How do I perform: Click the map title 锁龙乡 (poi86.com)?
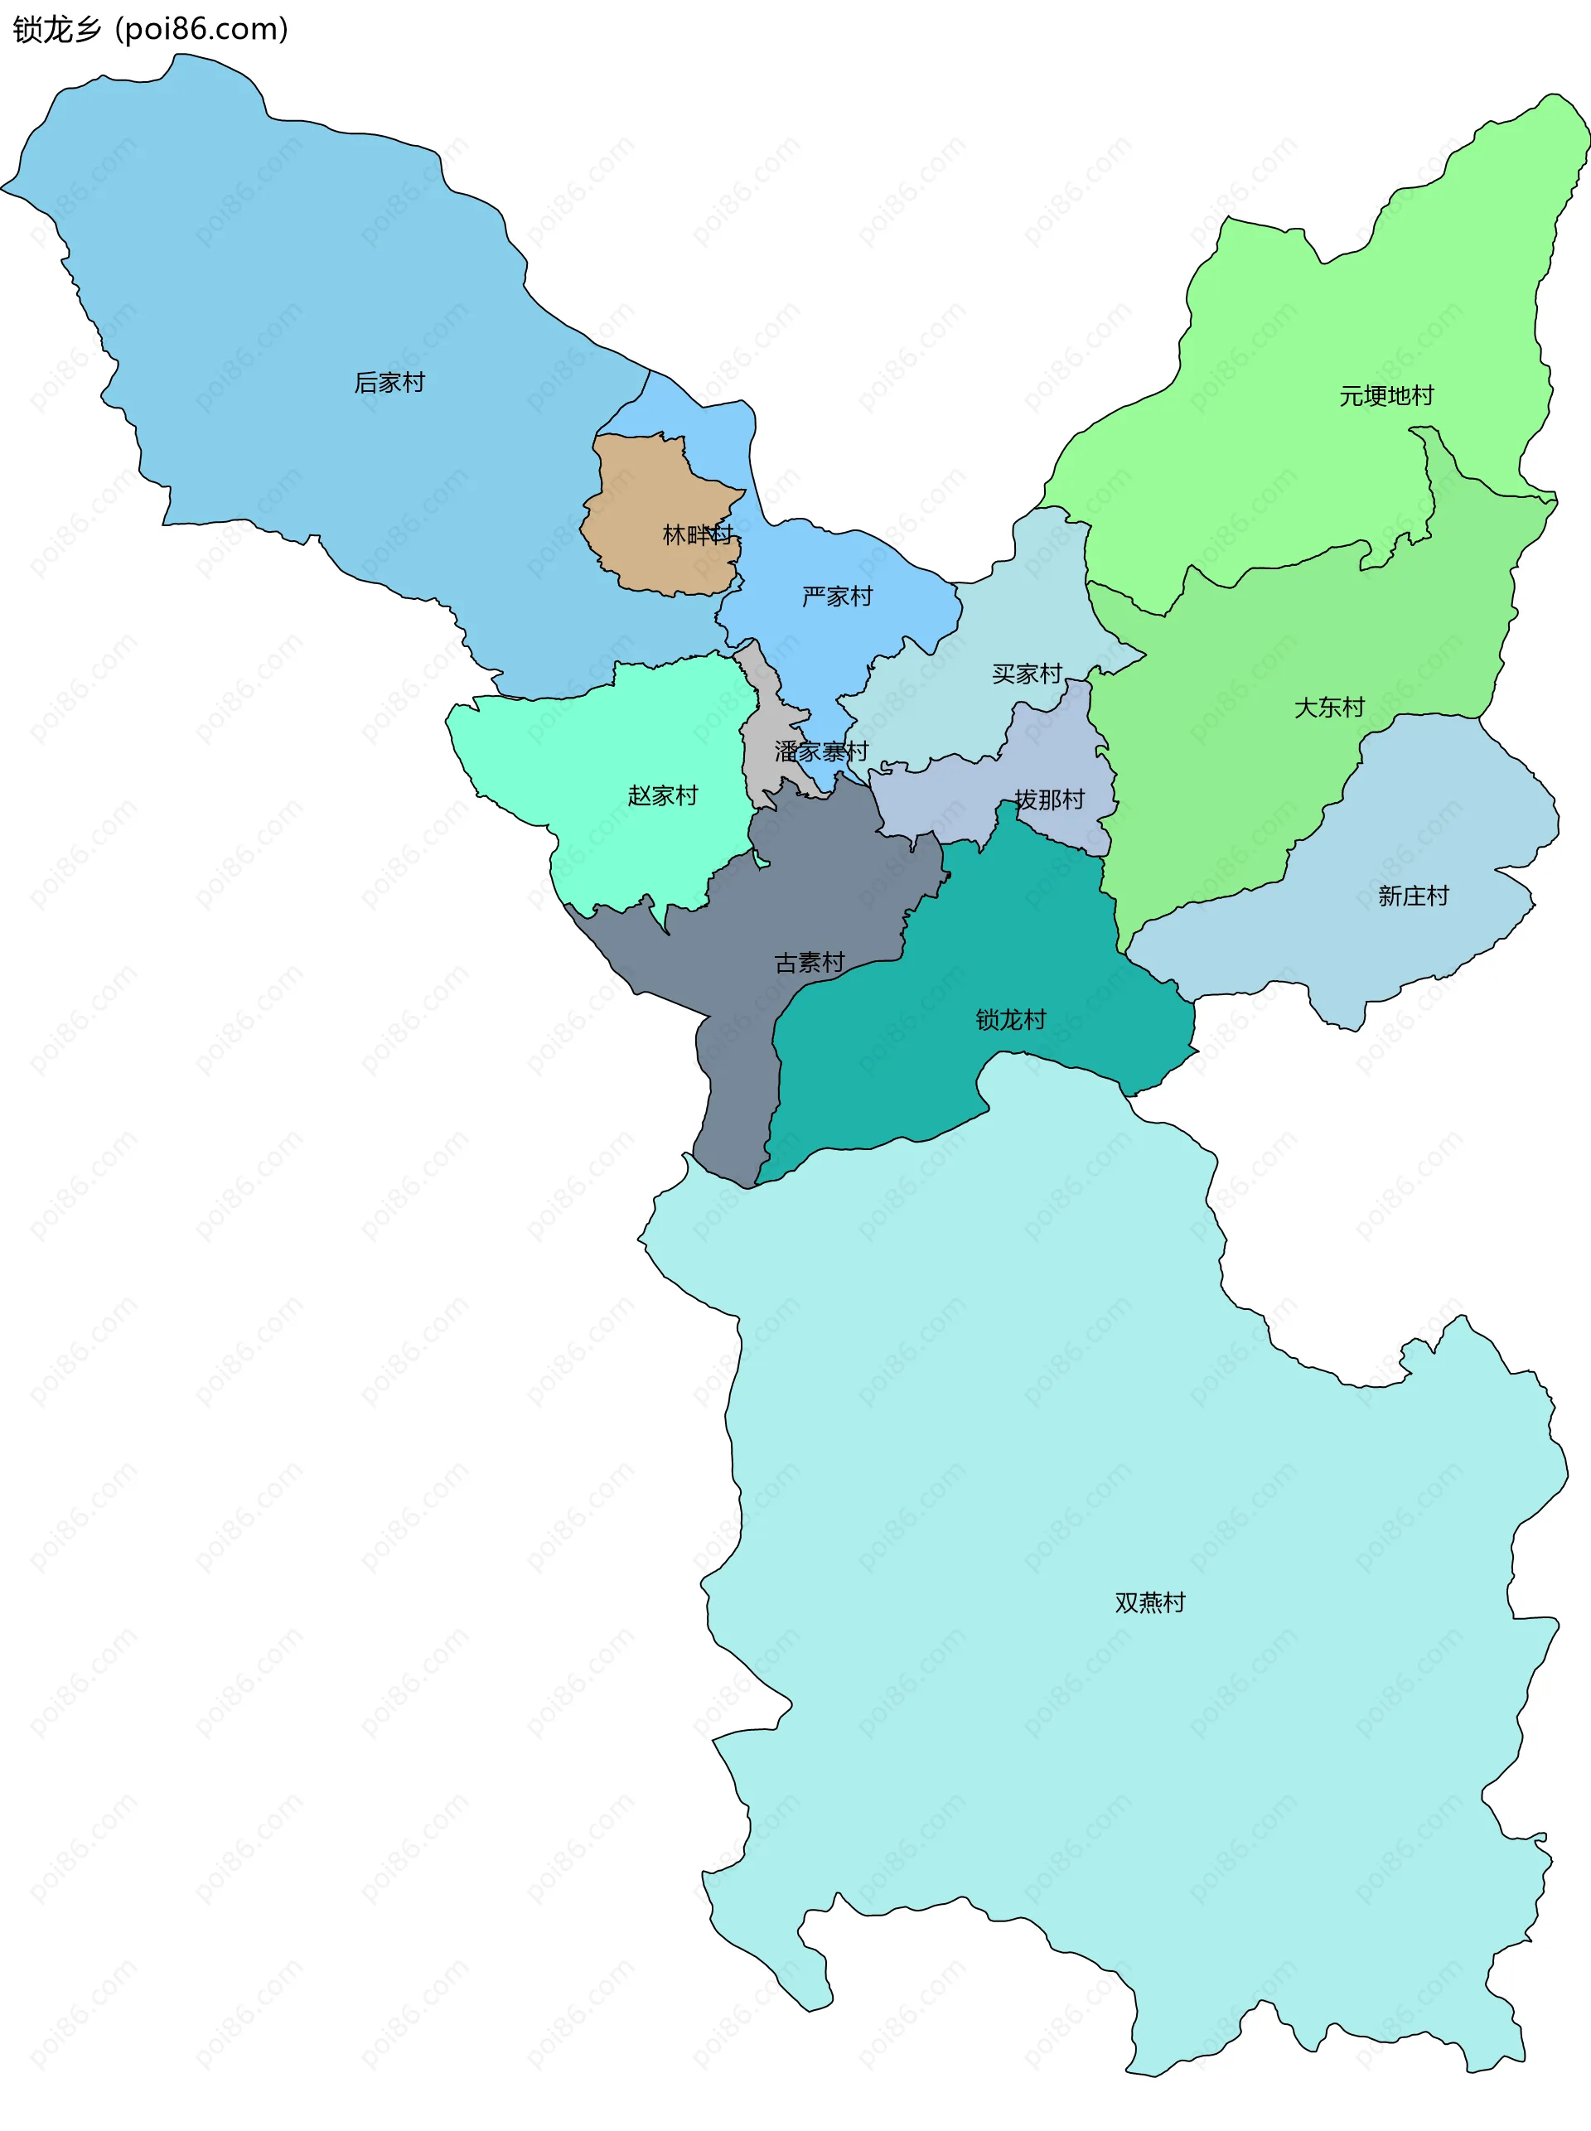click(150, 29)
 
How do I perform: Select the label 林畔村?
click(697, 534)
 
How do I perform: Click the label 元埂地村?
click(1385, 396)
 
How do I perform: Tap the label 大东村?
click(1329, 707)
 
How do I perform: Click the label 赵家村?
click(663, 795)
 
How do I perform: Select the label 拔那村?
click(1049, 800)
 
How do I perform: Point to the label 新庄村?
click(1413, 896)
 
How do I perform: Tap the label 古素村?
click(809, 962)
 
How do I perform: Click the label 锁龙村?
click(1010, 1019)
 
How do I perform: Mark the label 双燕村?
click(1150, 1602)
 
